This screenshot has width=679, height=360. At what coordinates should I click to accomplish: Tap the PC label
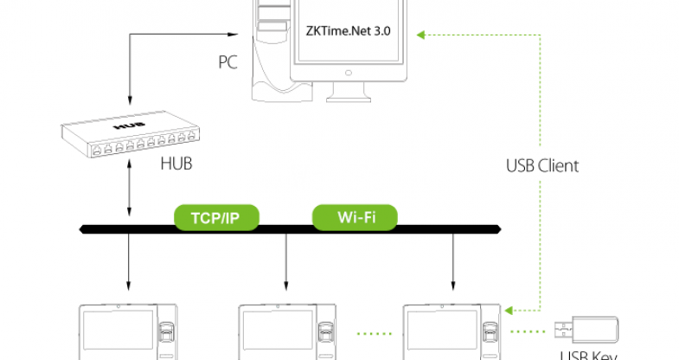click(x=228, y=62)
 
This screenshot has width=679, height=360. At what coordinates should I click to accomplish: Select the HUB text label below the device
click(x=176, y=164)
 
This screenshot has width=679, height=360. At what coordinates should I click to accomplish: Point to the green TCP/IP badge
click(x=216, y=217)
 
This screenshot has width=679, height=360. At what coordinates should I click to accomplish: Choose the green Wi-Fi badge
click(x=355, y=217)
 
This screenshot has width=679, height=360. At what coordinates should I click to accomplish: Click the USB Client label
click(x=542, y=164)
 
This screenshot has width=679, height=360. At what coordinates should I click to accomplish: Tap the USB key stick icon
click(x=587, y=329)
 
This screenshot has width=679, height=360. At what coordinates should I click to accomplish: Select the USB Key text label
click(x=589, y=355)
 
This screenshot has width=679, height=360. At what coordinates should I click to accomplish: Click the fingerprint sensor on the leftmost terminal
click(x=167, y=333)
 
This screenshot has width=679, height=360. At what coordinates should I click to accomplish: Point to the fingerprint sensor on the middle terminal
click(x=327, y=333)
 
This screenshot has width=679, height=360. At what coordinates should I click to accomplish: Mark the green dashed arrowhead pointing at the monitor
click(x=421, y=35)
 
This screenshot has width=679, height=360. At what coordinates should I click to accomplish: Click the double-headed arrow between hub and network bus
click(x=128, y=195)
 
